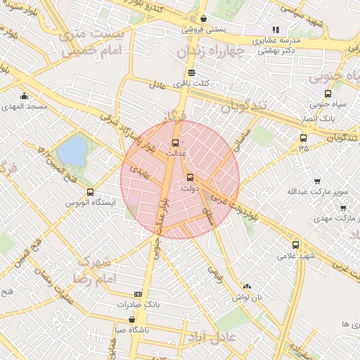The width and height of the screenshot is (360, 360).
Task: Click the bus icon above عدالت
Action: [x=176, y=143]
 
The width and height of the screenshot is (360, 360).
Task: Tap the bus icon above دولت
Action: [x=190, y=177]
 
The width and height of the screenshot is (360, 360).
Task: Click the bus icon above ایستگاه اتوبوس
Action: [x=90, y=192]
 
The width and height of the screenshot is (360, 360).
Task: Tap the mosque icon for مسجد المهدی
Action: [x=25, y=96]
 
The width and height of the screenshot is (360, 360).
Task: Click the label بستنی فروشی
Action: [x=203, y=30]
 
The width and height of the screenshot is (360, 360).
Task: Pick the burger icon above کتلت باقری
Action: [x=191, y=72]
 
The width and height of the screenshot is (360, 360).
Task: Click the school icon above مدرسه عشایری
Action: [x=276, y=30]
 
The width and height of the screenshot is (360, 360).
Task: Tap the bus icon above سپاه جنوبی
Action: [x=328, y=94]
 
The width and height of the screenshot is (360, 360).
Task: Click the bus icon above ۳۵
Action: [x=303, y=138]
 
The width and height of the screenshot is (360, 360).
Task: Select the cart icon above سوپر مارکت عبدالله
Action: [x=317, y=181]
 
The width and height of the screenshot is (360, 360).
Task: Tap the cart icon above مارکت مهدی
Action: [x=342, y=207]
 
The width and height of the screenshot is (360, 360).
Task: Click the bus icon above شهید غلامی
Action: [x=295, y=245]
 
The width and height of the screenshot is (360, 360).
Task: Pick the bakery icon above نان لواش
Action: [x=247, y=286]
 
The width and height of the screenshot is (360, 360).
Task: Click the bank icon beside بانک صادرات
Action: [x=137, y=295]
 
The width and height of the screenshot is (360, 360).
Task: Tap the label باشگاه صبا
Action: [x=131, y=328]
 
